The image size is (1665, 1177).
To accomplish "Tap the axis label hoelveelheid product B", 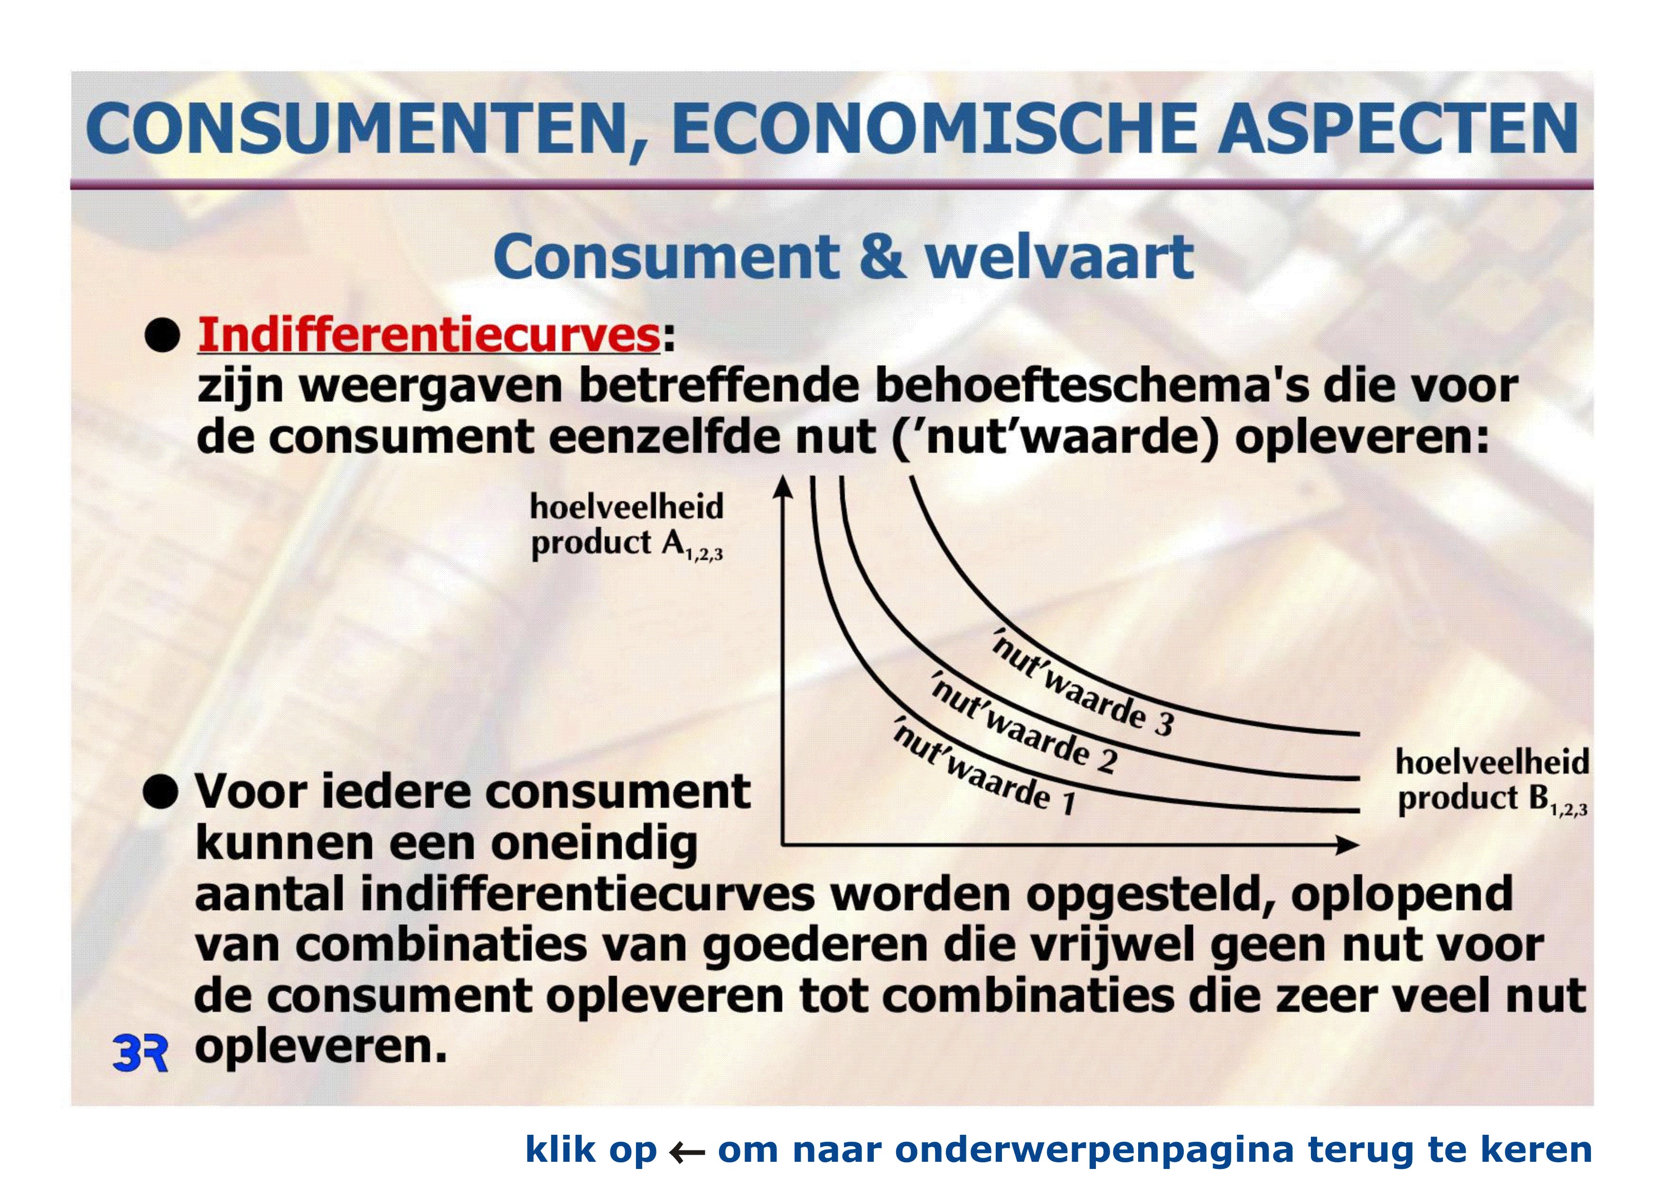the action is pos(1492,782).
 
